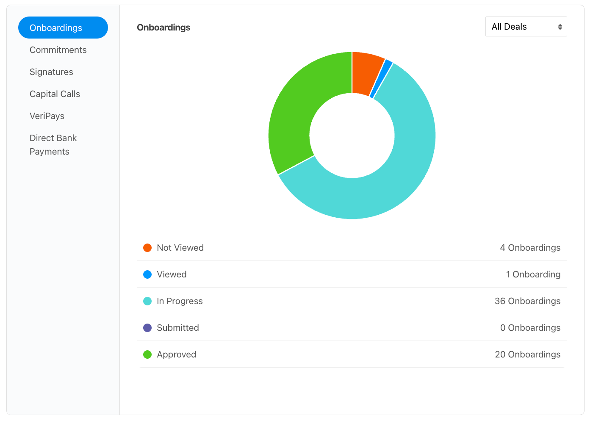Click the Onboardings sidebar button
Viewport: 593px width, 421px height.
[63, 28]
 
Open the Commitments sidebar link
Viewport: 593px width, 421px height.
[58, 50]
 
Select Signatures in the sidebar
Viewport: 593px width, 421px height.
[51, 72]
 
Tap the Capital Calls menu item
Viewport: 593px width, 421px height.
[55, 94]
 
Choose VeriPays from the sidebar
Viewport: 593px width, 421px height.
[47, 116]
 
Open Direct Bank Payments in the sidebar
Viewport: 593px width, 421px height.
[53, 144]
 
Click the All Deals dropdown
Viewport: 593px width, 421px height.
[526, 27]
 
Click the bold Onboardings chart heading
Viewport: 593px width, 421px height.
[163, 27]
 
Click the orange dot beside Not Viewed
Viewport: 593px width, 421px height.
[147, 248]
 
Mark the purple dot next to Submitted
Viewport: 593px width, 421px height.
[147, 328]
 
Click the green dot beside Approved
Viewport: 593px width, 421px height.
[147, 355]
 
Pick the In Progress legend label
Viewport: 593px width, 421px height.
[180, 301]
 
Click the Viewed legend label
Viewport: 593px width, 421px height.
[172, 274]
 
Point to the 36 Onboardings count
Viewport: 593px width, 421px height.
[528, 301]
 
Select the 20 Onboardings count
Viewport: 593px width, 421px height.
[528, 355]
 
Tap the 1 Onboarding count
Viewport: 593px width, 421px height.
[533, 274]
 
